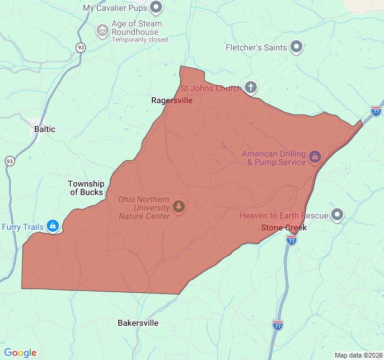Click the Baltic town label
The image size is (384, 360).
pyautogui.click(x=45, y=129)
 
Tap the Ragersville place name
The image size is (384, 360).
pyautogui.click(x=172, y=100)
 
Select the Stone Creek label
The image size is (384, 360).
pyautogui.click(x=284, y=228)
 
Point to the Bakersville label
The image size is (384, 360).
pyautogui.click(x=138, y=323)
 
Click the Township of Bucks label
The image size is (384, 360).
pyautogui.click(x=86, y=188)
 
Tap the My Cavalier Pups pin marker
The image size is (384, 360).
pyautogui.click(x=157, y=8)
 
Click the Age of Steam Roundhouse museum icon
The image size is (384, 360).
pyautogui.click(x=103, y=29)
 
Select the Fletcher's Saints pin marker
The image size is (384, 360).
pyautogui.click(x=296, y=47)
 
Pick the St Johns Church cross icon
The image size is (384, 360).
pyautogui.click(x=251, y=88)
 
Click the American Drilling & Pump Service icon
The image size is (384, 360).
pyautogui.click(x=315, y=158)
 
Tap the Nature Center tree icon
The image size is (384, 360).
pyautogui.click(x=178, y=207)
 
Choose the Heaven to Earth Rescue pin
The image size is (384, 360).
pyautogui.click(x=337, y=214)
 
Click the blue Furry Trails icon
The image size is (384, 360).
pyautogui.click(x=53, y=226)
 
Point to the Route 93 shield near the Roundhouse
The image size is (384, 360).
pyautogui.click(x=80, y=47)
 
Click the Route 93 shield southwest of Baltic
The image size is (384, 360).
pyautogui.click(x=10, y=161)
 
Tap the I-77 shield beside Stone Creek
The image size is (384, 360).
pyautogui.click(x=292, y=241)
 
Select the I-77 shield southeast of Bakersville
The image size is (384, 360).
pyautogui.click(x=278, y=325)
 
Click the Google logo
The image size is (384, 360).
pyautogui.click(x=20, y=353)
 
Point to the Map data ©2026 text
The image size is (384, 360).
pyautogui.click(x=358, y=355)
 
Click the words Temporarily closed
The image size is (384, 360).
pyautogui.click(x=140, y=40)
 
